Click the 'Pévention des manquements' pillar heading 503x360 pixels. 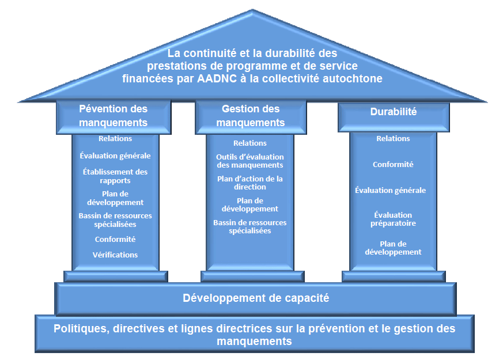tap(114, 115)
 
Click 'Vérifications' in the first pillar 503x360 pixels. tap(115, 255)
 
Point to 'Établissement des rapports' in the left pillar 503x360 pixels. tap(115, 176)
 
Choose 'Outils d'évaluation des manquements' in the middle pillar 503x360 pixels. tap(250, 161)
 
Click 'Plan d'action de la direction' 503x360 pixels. tap(250, 183)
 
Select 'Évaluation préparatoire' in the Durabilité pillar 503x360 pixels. tap(393, 219)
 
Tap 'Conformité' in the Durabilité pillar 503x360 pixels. tap(393, 164)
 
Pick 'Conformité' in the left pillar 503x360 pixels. tap(115, 239)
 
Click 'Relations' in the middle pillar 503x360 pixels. tap(250, 143)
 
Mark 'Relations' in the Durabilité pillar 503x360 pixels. tap(393, 138)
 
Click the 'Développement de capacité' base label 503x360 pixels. tap(256, 298)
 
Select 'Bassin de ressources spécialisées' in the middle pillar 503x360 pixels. tap(250, 226)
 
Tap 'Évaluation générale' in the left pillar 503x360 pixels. tap(115, 156)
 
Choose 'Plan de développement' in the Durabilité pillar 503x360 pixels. tap(393, 248)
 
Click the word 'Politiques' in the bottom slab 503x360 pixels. tap(81, 329)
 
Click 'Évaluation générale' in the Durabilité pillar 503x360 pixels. tap(390, 190)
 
